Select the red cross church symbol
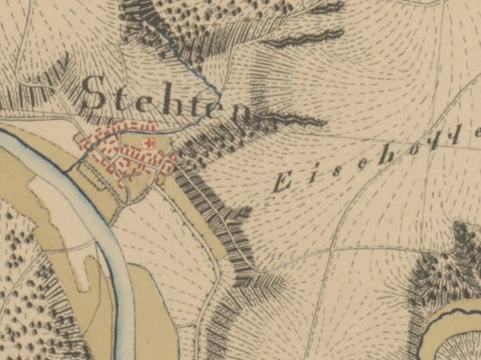click(x=149, y=142)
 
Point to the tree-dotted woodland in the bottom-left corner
click(x=28, y=283)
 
